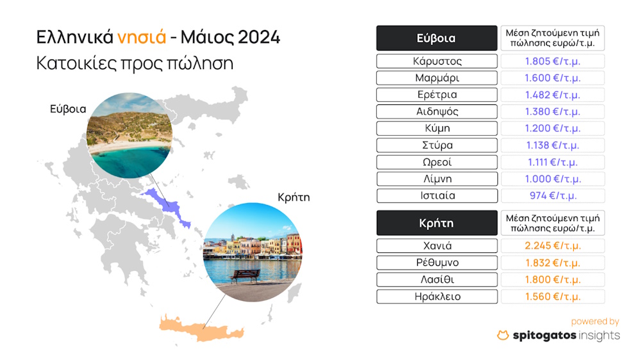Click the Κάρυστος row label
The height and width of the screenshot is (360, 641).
click(x=437, y=61)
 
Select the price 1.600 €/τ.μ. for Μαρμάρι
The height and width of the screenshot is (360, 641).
click(x=553, y=78)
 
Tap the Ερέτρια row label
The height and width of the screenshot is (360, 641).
click(x=437, y=95)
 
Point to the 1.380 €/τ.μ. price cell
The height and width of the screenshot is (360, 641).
click(x=553, y=111)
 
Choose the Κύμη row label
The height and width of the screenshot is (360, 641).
click(x=437, y=128)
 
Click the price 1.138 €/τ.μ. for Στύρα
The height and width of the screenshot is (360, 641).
click(x=553, y=145)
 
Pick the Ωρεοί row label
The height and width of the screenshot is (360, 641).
click(x=437, y=162)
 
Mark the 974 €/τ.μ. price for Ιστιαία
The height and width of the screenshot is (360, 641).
click(x=553, y=196)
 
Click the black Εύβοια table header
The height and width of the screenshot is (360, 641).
click(x=437, y=38)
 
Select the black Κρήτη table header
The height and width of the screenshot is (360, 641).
click(x=437, y=223)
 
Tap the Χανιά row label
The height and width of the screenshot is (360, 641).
click(x=437, y=246)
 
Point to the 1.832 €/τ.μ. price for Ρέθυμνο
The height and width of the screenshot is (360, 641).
click(x=553, y=263)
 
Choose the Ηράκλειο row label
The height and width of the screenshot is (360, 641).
click(x=437, y=297)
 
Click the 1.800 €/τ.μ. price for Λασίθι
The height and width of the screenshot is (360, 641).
click(x=553, y=279)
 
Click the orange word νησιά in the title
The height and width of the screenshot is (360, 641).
click(x=142, y=38)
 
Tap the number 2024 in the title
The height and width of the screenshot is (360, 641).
click(x=259, y=37)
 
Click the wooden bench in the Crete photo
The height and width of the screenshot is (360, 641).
click(x=245, y=276)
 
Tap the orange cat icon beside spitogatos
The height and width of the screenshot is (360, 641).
click(x=503, y=335)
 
